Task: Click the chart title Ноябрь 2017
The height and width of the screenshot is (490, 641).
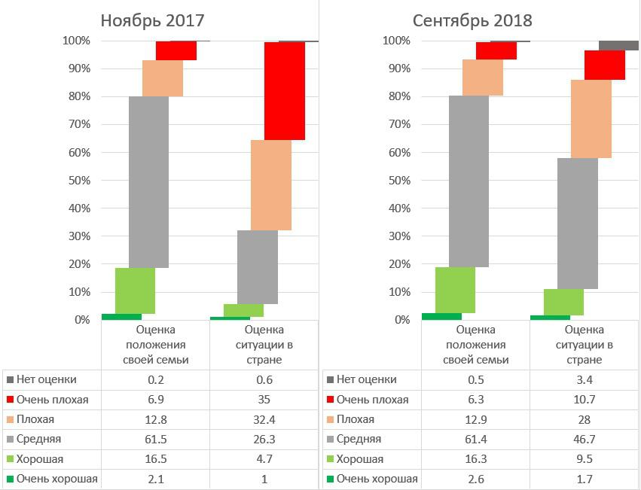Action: [153, 20]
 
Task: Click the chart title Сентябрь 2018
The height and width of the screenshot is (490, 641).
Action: [472, 20]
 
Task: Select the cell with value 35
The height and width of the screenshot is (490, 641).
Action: [264, 400]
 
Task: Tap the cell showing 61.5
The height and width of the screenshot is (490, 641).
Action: [155, 439]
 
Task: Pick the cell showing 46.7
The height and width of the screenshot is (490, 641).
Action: [584, 439]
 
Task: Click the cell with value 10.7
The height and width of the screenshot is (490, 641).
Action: [584, 400]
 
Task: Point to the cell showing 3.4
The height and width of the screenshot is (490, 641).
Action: [584, 380]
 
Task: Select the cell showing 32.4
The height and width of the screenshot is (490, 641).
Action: [264, 419]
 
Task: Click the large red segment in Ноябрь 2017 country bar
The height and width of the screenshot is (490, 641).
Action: [285, 91]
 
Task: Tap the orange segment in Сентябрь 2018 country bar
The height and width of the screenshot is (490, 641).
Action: [591, 118]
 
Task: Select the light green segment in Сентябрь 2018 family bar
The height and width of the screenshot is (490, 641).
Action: [455, 290]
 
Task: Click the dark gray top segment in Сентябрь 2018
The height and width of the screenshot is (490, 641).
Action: [618, 45]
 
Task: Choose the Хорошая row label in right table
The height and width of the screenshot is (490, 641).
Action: [359, 458]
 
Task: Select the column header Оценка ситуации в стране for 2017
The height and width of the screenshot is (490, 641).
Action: [264, 345]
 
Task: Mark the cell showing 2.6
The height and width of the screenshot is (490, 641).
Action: [476, 478]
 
